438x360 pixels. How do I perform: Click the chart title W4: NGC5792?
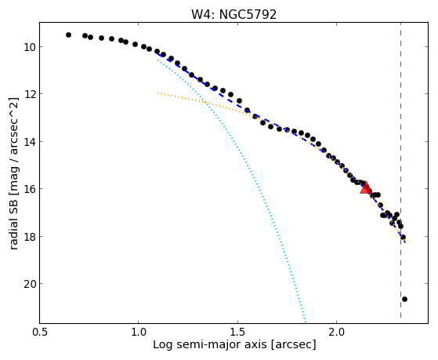(x=233, y=15)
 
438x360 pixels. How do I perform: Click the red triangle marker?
(x=366, y=187)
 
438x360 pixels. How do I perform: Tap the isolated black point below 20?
(x=404, y=300)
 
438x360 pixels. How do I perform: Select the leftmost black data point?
(x=68, y=35)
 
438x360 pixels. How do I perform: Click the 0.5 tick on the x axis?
(x=40, y=332)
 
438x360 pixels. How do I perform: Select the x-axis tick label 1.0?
(x=139, y=332)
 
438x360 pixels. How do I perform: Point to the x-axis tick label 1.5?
(x=237, y=332)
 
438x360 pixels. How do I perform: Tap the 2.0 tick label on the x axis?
(x=337, y=332)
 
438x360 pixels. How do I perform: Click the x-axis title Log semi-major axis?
(x=210, y=344)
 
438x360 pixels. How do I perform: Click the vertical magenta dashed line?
(x=400, y=170)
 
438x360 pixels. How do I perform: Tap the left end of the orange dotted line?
(x=157, y=93)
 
